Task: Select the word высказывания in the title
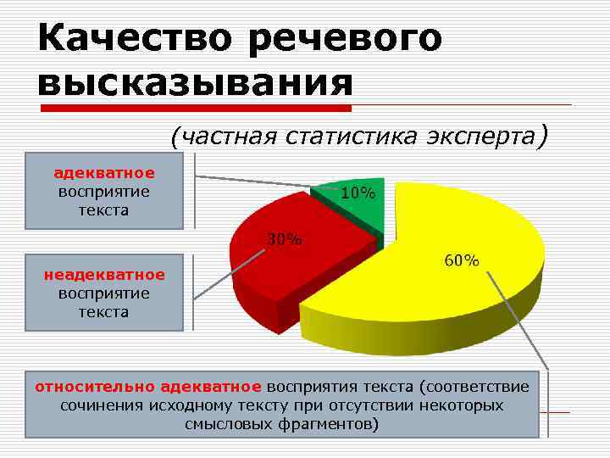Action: click(195, 83)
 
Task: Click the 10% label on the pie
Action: click(358, 193)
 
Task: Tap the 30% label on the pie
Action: click(285, 239)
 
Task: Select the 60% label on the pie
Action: click(462, 260)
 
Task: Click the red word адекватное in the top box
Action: click(104, 173)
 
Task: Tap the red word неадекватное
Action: click(104, 275)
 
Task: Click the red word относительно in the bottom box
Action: click(93, 387)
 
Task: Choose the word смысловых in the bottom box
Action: click(226, 424)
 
